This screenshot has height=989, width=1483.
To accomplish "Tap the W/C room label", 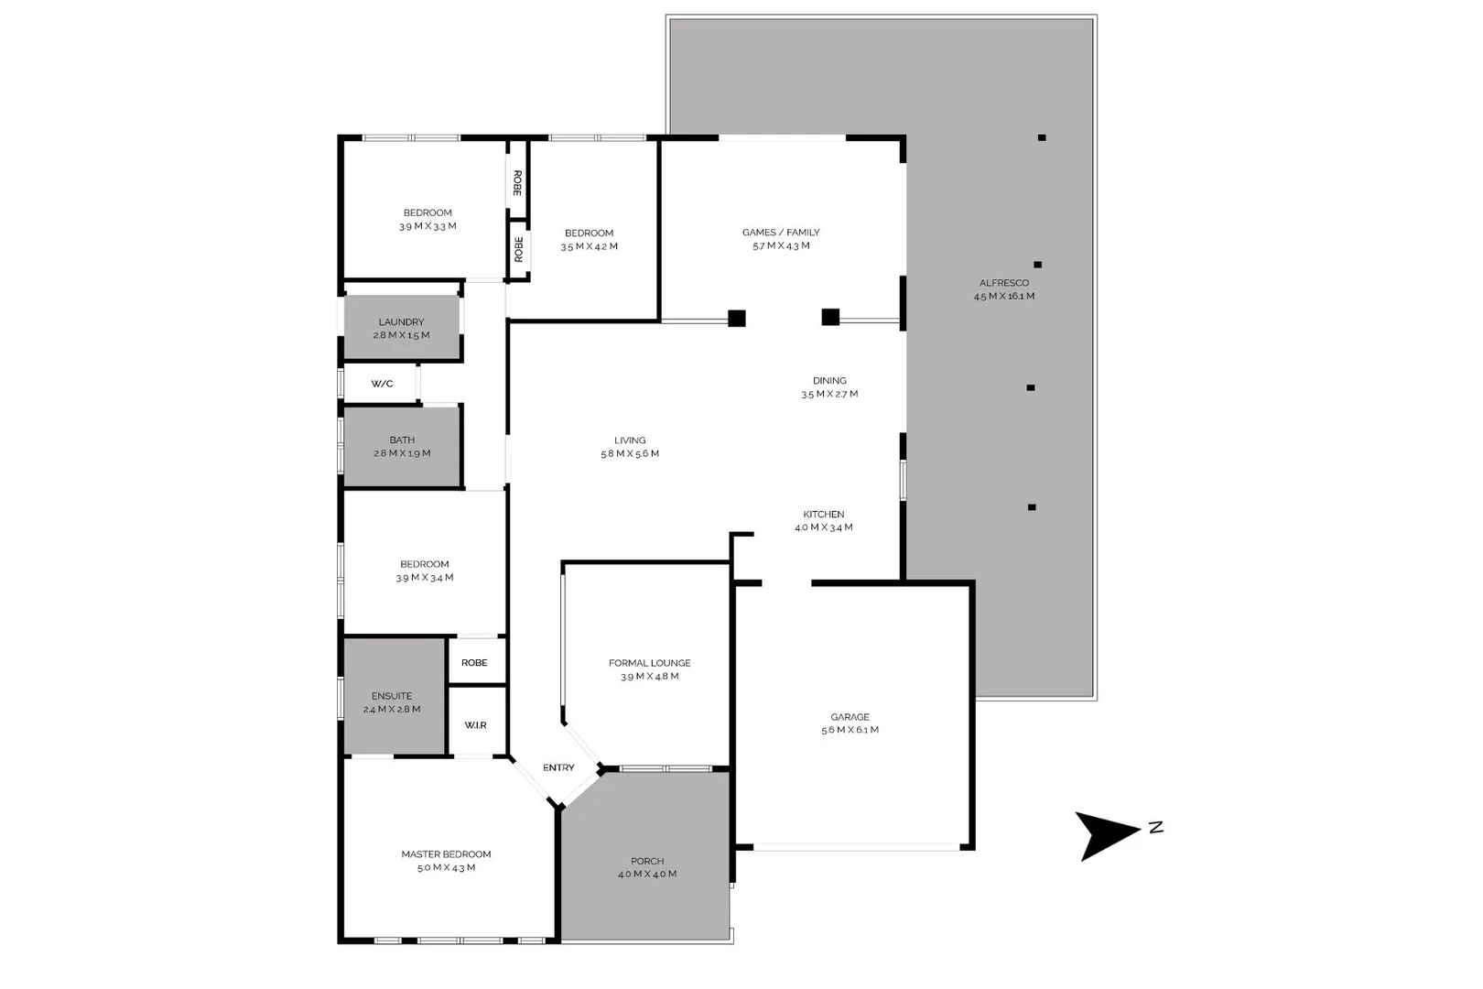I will [382, 384].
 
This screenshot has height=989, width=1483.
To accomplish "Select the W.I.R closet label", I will [475, 725].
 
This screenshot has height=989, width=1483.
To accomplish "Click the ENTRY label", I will [558, 767].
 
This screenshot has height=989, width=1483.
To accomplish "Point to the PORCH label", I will [647, 861].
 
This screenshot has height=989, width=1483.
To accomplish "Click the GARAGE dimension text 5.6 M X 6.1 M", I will [850, 730].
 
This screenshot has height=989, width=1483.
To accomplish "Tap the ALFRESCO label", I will [1004, 283].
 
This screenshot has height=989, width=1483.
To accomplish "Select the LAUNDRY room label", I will [401, 322].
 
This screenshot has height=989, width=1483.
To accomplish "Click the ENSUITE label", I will [392, 696].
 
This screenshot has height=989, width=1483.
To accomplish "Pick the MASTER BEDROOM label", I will [446, 854].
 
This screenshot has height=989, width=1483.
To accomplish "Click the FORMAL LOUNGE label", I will [650, 663].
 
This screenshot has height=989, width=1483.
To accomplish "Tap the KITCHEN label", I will [824, 515].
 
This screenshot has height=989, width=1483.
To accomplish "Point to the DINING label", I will [829, 381].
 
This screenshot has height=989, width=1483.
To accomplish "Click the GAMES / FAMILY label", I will [781, 233].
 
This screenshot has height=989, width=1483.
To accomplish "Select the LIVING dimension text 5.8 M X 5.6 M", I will [630, 453].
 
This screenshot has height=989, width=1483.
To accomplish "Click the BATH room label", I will [402, 440].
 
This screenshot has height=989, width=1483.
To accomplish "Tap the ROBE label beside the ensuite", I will [474, 663].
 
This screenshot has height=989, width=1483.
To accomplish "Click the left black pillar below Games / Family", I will [737, 319].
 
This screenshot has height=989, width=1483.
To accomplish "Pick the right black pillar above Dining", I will [830, 317].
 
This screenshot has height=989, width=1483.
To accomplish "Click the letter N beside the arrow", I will [1155, 828].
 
